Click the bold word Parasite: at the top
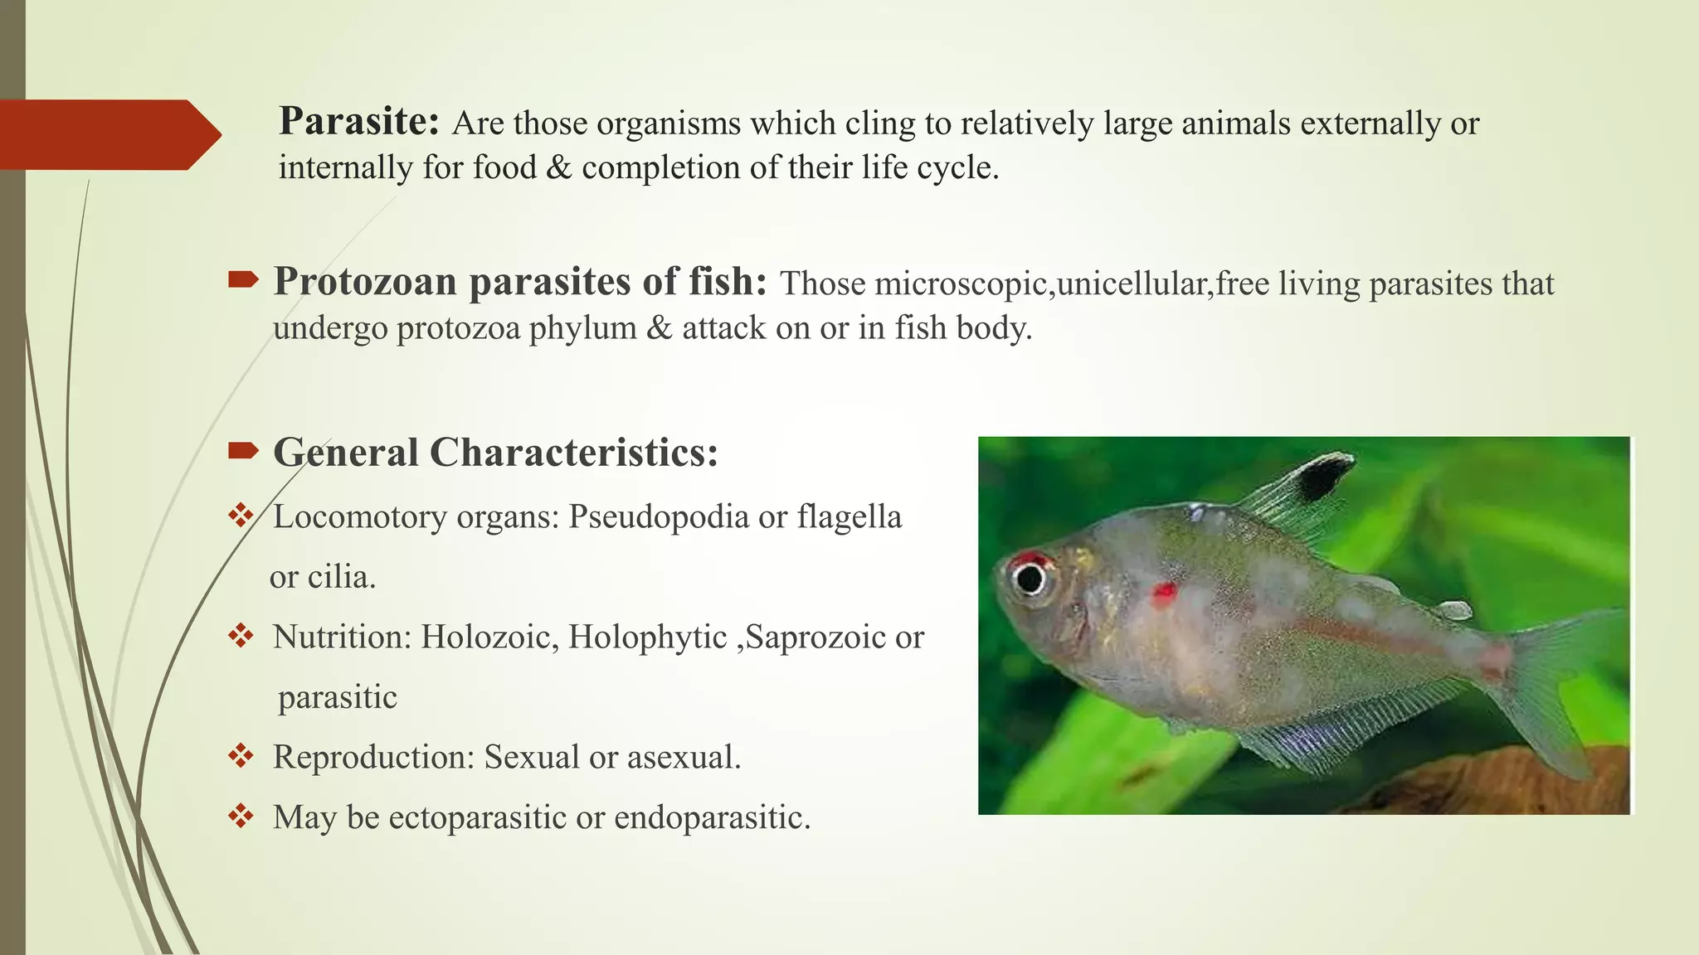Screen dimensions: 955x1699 pos(358,122)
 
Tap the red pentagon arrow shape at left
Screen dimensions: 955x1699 pos(108,135)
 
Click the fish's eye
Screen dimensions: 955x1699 pos(1030,577)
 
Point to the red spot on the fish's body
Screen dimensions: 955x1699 pos(1163,592)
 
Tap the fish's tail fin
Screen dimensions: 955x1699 pos(1560,680)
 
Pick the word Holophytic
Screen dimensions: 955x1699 pos(647,637)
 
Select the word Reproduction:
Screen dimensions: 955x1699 pos(373,757)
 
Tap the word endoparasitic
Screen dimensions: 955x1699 pos(712,817)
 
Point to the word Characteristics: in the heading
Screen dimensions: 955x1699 pos(573,453)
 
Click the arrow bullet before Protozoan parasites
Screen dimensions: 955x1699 pos(243,280)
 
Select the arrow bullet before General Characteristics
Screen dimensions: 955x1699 pos(243,451)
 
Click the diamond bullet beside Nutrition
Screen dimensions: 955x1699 pos(241,636)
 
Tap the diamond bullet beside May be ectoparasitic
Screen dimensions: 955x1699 pos(241,816)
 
